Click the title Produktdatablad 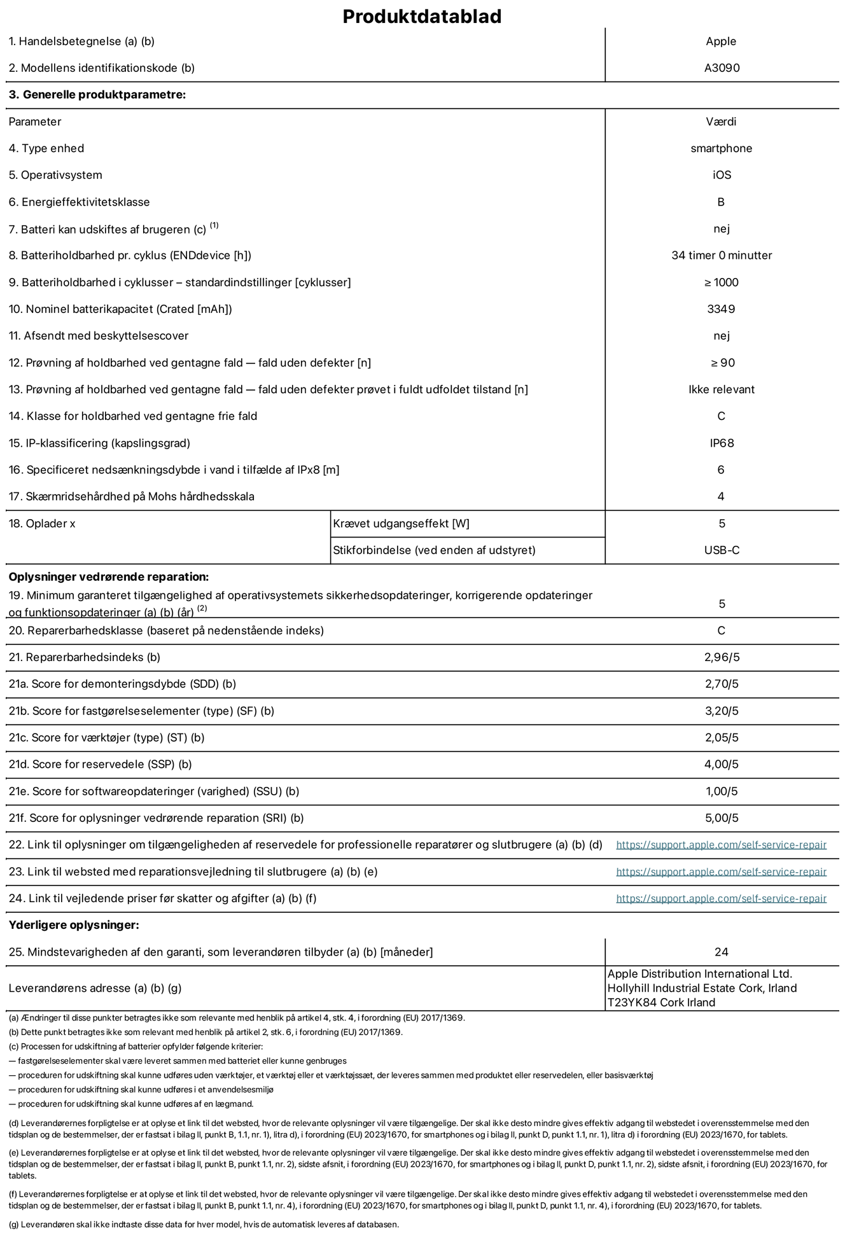click(x=422, y=17)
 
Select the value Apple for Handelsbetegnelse click(x=721, y=41)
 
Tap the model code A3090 click(x=722, y=68)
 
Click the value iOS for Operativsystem click(x=722, y=175)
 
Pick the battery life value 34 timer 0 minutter click(x=722, y=255)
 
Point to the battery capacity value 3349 click(x=721, y=309)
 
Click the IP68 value click(x=722, y=443)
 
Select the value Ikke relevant click(x=722, y=389)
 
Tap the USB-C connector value click(x=722, y=550)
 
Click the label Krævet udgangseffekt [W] click(x=401, y=524)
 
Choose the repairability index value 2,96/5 click(x=722, y=657)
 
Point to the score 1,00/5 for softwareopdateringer click(x=722, y=791)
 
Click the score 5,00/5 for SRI click(x=722, y=818)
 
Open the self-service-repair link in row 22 click(x=721, y=845)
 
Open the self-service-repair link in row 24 click(x=721, y=898)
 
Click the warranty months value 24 click(x=721, y=952)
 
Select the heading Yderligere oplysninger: click(x=74, y=925)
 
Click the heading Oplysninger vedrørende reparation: click(x=109, y=577)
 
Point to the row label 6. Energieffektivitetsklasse click(x=80, y=202)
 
